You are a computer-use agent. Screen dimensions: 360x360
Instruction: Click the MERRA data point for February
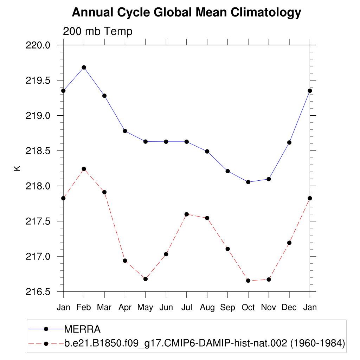(84, 67)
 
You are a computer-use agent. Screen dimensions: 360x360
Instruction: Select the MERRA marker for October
(248, 182)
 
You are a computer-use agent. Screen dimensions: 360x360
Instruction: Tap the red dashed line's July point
(187, 214)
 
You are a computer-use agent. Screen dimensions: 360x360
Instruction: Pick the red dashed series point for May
(145, 279)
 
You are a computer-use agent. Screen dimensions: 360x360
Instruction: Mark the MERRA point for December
(289, 142)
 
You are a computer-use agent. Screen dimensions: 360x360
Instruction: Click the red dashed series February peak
(84, 169)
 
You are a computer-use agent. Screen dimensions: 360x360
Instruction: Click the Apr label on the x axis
(125, 307)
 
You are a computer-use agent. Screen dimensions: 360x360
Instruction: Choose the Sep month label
(227, 307)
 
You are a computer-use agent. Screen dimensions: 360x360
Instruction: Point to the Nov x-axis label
(269, 307)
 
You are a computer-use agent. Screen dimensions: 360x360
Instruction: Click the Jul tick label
(187, 307)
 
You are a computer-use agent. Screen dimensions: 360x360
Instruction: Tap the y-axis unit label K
(17, 168)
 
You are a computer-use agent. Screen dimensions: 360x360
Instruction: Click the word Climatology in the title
(266, 13)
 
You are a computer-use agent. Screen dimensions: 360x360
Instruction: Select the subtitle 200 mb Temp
(97, 31)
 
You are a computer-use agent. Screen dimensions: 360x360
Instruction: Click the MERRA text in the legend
(82, 329)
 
